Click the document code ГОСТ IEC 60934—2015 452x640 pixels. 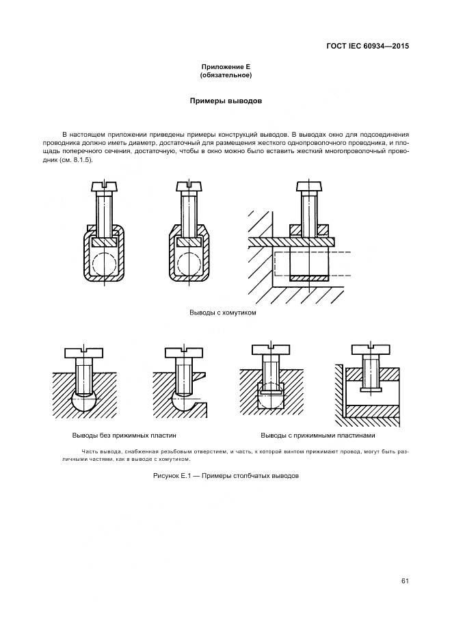coord(367,46)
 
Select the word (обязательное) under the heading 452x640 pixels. coord(225,75)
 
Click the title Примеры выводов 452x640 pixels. coord(225,101)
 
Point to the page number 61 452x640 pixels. coord(405,581)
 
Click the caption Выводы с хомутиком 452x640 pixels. coord(222,312)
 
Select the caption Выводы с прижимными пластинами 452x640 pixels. coord(318,436)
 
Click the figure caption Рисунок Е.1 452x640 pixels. coord(226,475)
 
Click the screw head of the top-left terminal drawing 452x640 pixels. coord(104,187)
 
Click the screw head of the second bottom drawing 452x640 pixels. coord(183,354)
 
